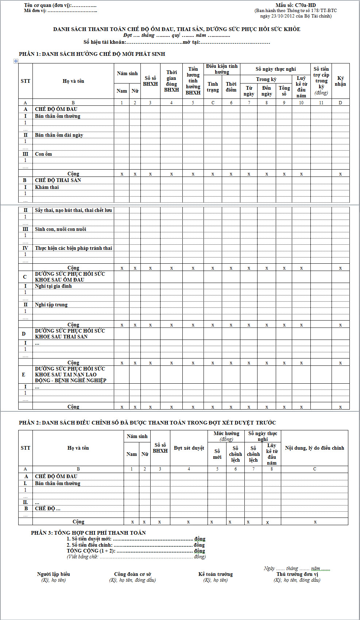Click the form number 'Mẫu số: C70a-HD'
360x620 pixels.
pos(295,5)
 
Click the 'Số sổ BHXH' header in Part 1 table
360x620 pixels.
pos(150,81)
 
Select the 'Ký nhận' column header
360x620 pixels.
pos(340,81)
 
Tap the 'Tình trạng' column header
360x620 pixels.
pos(213,87)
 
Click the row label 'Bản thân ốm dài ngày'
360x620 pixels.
pos(59,135)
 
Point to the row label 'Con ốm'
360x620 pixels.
pos(43,154)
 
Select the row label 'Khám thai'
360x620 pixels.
pos(47,187)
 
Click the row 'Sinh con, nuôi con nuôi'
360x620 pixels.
pos(61,229)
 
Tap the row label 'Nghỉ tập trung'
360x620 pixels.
pos(51,305)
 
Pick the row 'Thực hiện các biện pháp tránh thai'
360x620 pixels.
pos(73,248)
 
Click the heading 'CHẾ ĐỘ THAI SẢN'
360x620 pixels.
pos(58,180)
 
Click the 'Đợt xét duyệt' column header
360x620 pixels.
pos(189,448)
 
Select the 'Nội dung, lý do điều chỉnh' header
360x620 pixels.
pos(314,448)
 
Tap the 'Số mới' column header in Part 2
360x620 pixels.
pos(217,454)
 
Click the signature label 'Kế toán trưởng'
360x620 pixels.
pos(216,574)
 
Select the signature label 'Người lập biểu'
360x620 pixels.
pos(54,574)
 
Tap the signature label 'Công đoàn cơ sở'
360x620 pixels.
pos(132,574)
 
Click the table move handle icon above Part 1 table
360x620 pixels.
pos(16,61)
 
